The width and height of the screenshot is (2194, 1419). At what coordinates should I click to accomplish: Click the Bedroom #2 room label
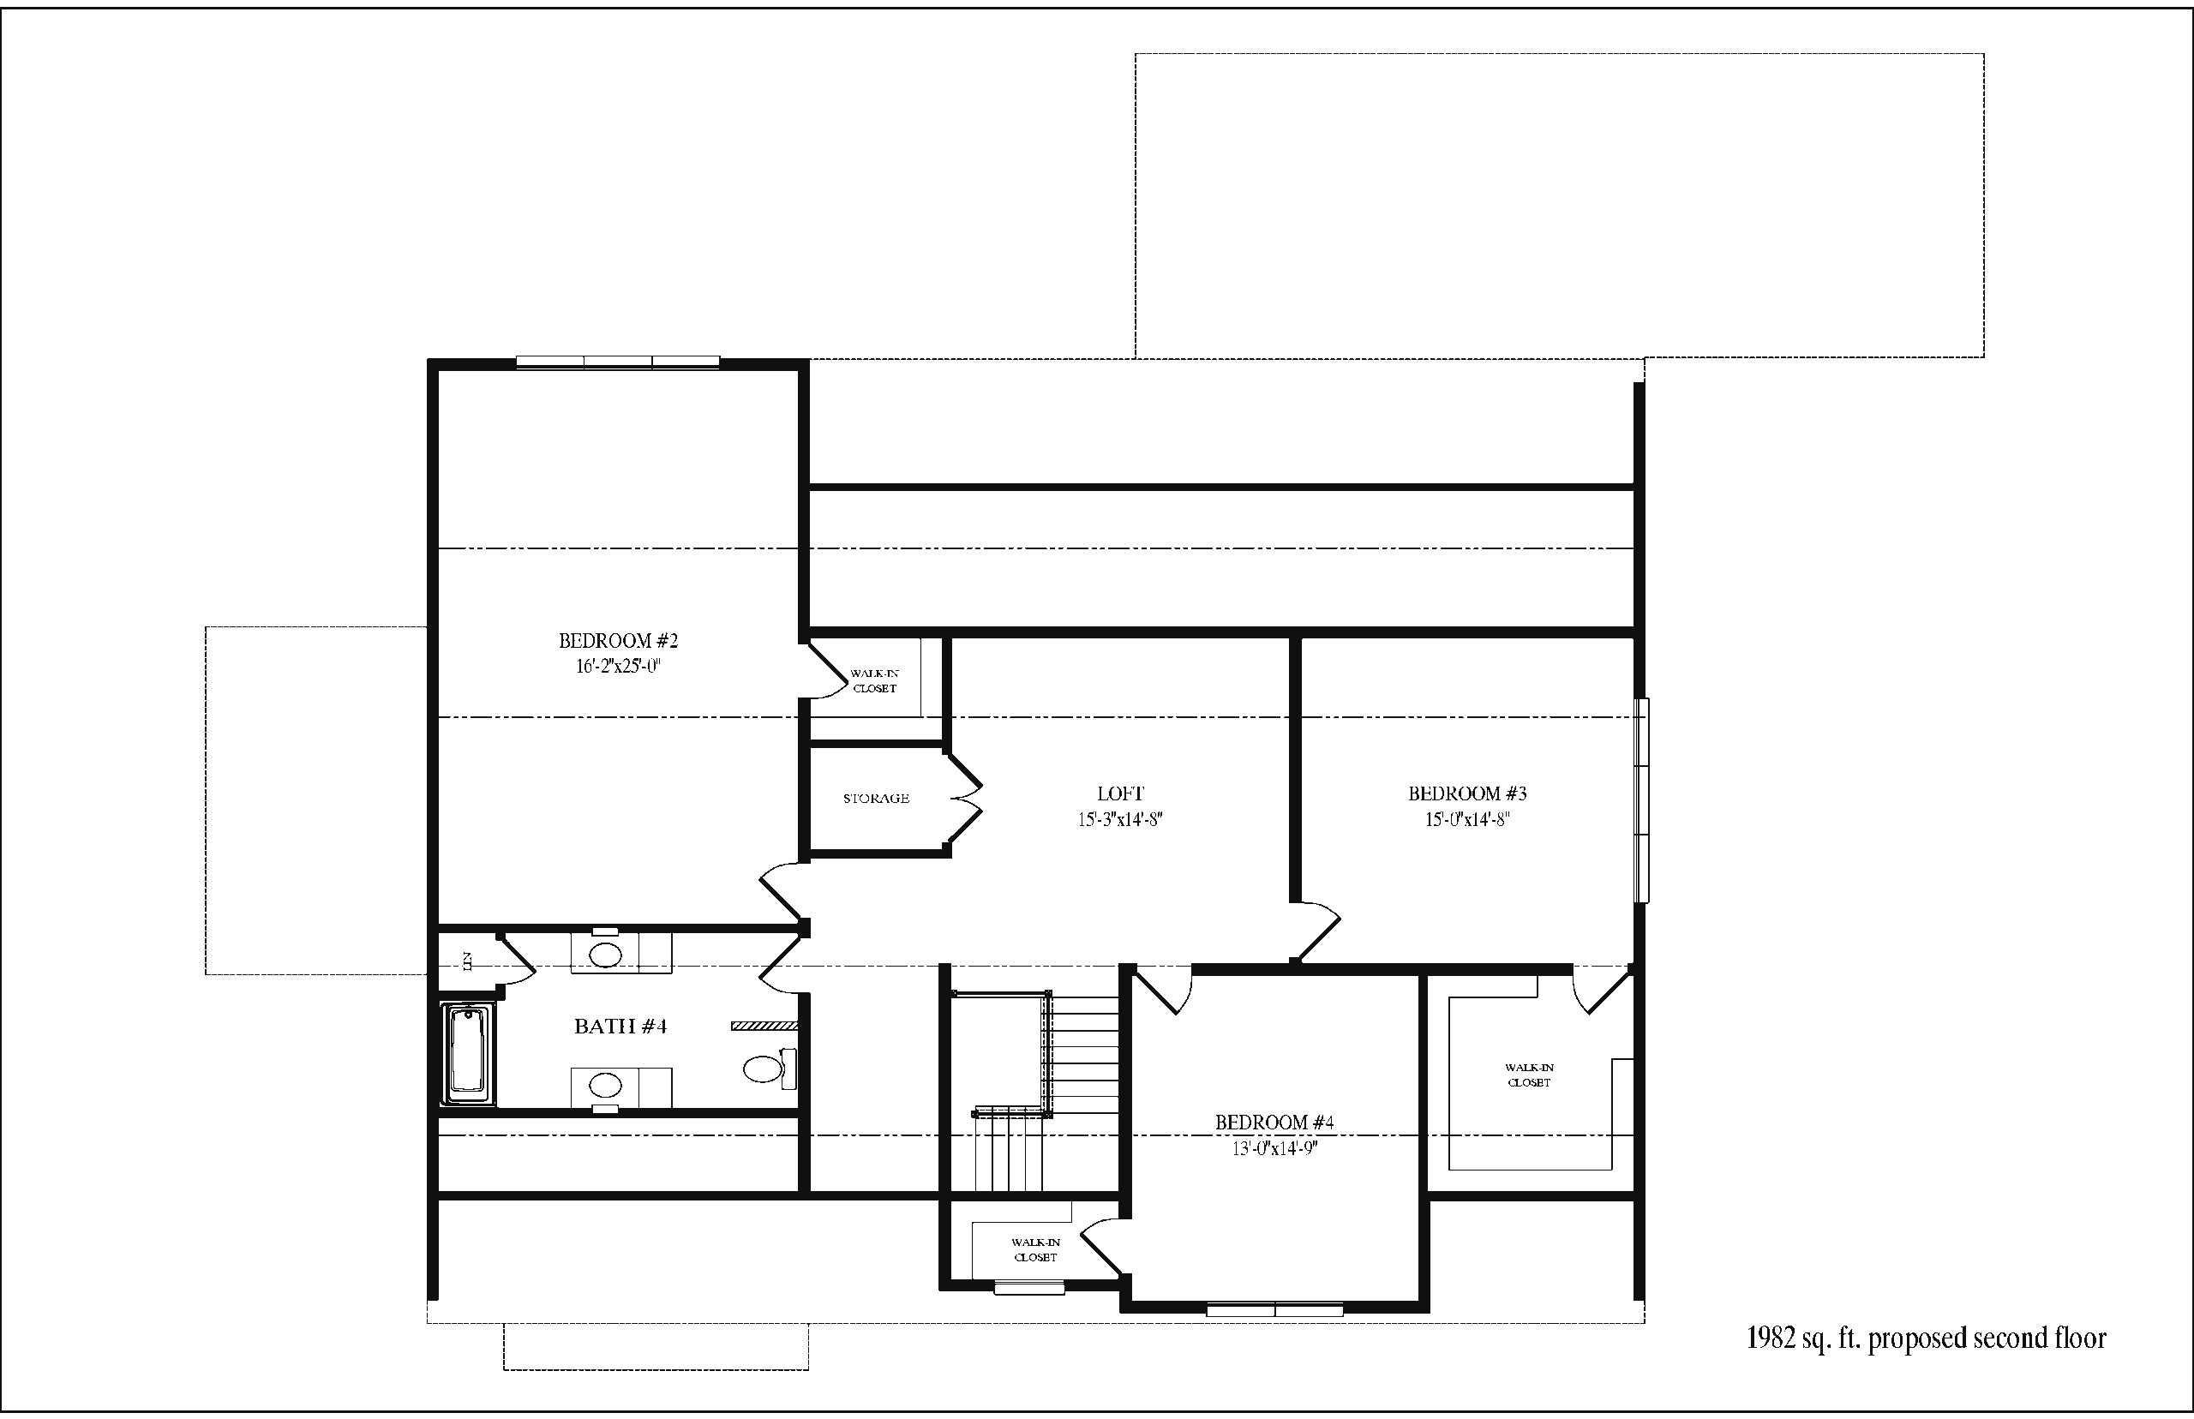(618, 640)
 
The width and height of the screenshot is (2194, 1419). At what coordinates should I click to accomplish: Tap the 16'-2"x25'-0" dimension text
(618, 666)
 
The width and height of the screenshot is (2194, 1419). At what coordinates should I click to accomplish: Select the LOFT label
(1120, 793)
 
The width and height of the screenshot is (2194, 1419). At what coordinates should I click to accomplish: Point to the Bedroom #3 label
(1467, 793)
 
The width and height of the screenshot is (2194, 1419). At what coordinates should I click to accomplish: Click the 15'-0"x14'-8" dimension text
(1467, 819)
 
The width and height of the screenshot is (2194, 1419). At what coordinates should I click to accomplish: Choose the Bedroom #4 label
(1274, 1123)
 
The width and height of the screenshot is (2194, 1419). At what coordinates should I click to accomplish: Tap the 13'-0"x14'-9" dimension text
(1274, 1148)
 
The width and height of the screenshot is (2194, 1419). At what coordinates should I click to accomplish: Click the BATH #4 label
(620, 1027)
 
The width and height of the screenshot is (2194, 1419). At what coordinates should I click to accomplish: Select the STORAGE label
(876, 798)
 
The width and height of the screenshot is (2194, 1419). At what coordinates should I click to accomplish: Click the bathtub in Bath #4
(470, 1053)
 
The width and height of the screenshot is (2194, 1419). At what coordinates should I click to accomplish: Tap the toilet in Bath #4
(770, 1068)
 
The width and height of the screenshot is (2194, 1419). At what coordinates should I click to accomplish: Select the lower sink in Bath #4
(605, 1086)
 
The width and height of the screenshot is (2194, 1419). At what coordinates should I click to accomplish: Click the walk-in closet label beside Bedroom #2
(874, 681)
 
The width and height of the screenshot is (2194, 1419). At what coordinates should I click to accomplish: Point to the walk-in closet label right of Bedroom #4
(1530, 1075)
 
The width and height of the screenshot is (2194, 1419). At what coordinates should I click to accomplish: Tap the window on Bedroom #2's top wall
(617, 362)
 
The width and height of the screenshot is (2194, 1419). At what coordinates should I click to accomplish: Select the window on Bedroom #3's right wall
(1641, 800)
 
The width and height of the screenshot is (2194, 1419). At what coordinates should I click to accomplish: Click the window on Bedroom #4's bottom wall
(1274, 1309)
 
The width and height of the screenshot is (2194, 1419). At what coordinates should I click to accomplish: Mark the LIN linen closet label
(466, 962)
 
